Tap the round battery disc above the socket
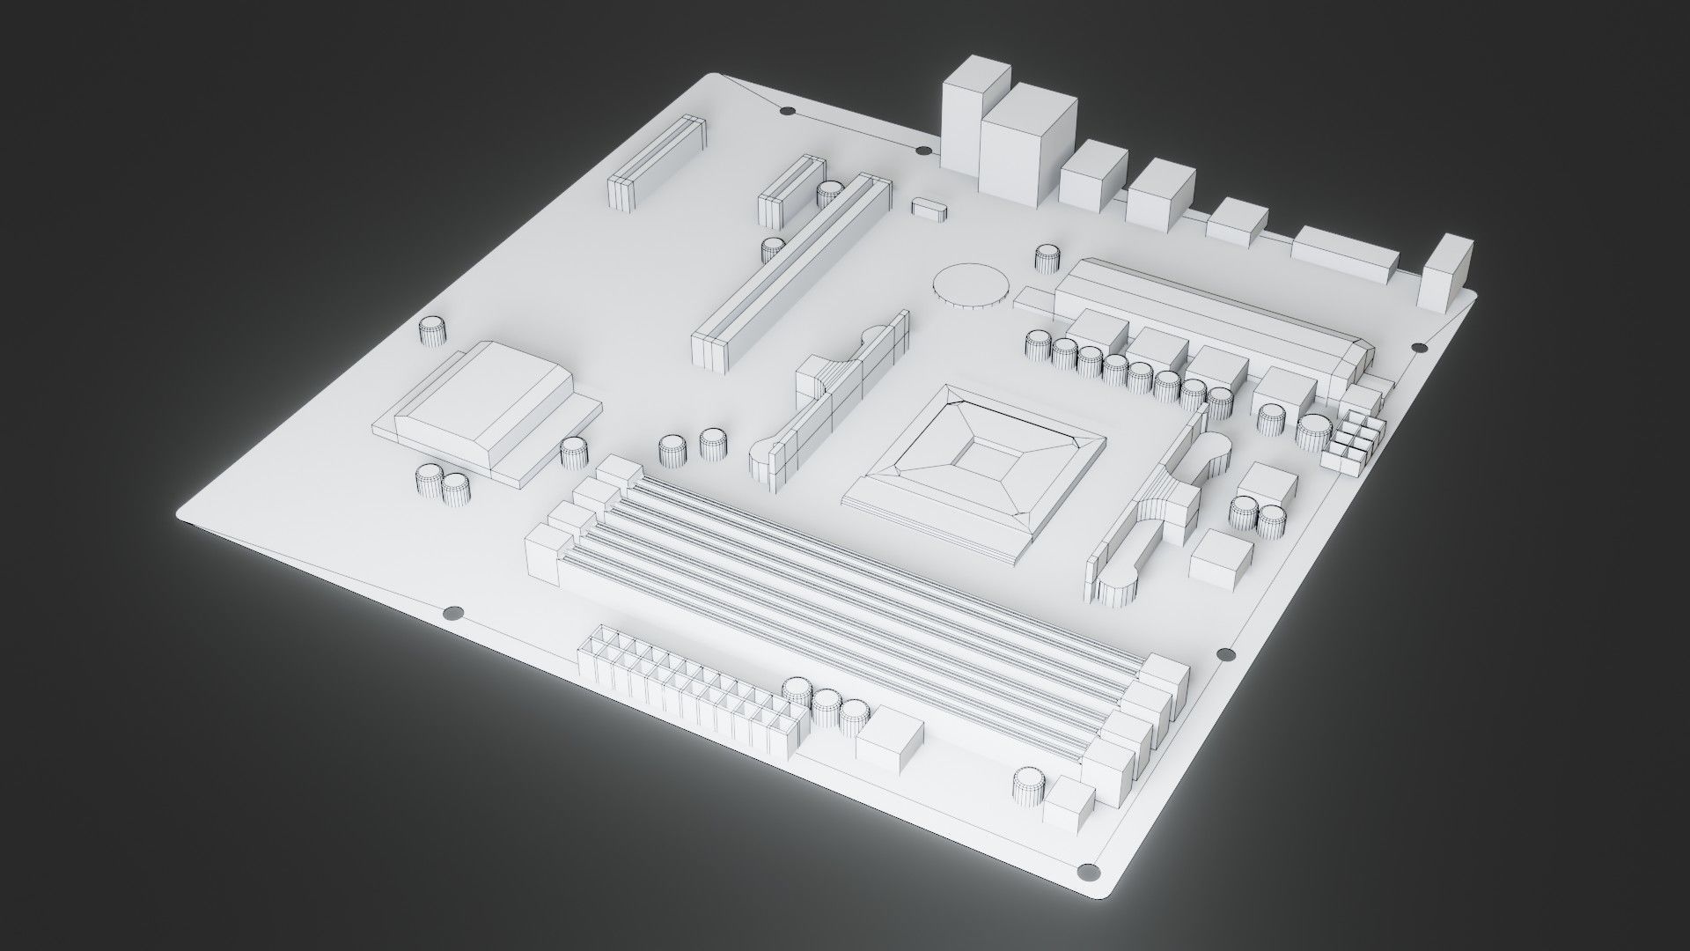pyautogui.click(x=971, y=285)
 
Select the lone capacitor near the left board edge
pyautogui.click(x=431, y=331)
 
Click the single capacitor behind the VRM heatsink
pyautogui.click(x=1047, y=257)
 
